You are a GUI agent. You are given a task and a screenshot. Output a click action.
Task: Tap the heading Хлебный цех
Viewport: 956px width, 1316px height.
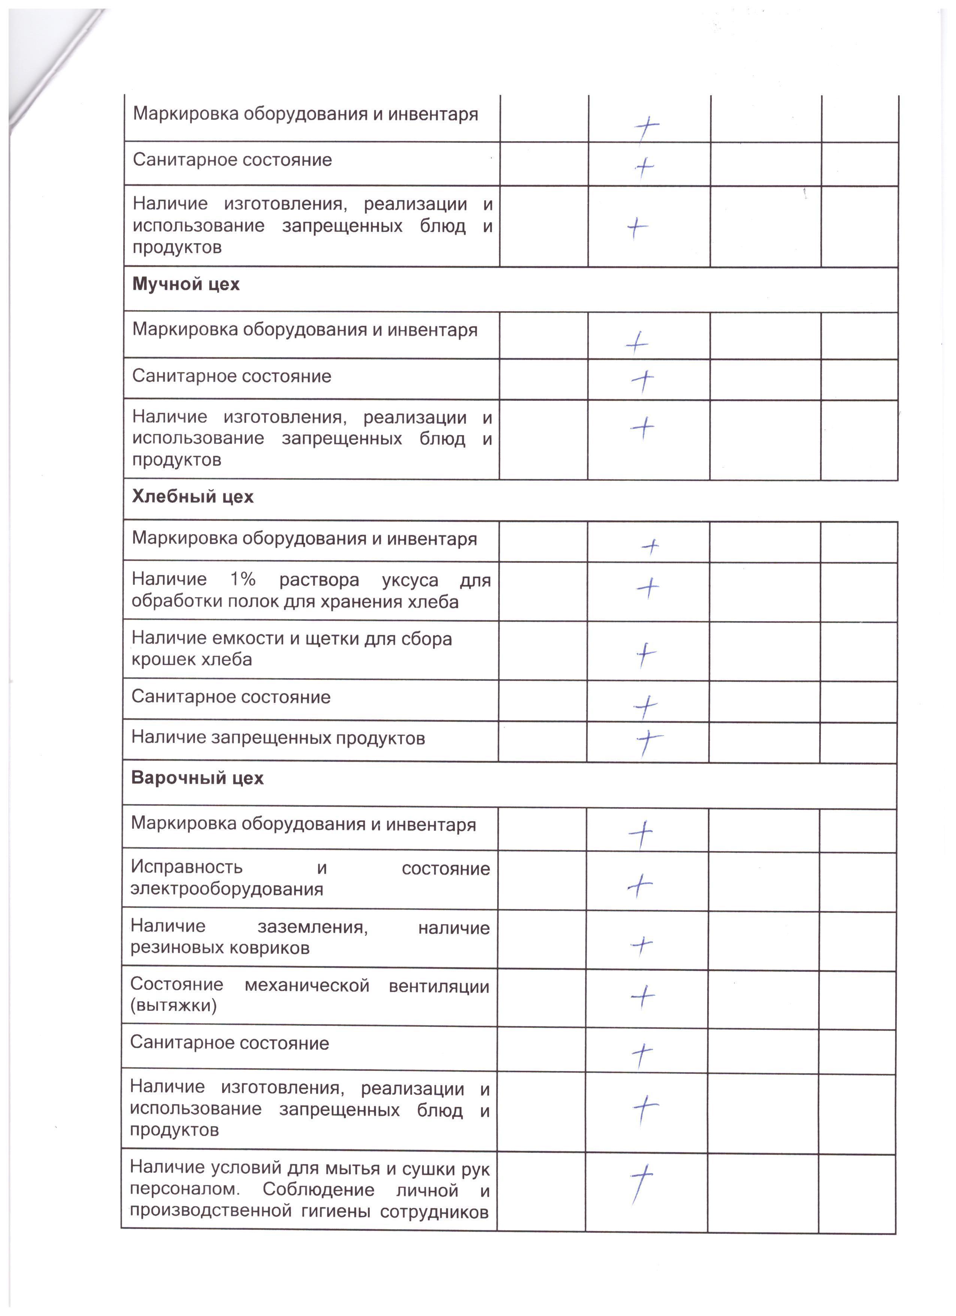pyautogui.click(x=193, y=497)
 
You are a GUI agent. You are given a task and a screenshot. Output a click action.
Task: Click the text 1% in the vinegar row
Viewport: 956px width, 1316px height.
pyautogui.click(x=243, y=579)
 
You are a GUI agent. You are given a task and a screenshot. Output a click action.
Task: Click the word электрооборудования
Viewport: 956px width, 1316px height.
pyautogui.click(x=227, y=889)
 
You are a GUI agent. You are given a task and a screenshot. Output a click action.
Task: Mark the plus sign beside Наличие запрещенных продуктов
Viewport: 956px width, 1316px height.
pyautogui.click(x=648, y=740)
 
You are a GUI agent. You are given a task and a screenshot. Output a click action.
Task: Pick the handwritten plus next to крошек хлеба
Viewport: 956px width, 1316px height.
pyautogui.click(x=645, y=655)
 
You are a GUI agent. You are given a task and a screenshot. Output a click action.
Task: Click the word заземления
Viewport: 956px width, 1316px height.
pyautogui.click(x=312, y=928)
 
